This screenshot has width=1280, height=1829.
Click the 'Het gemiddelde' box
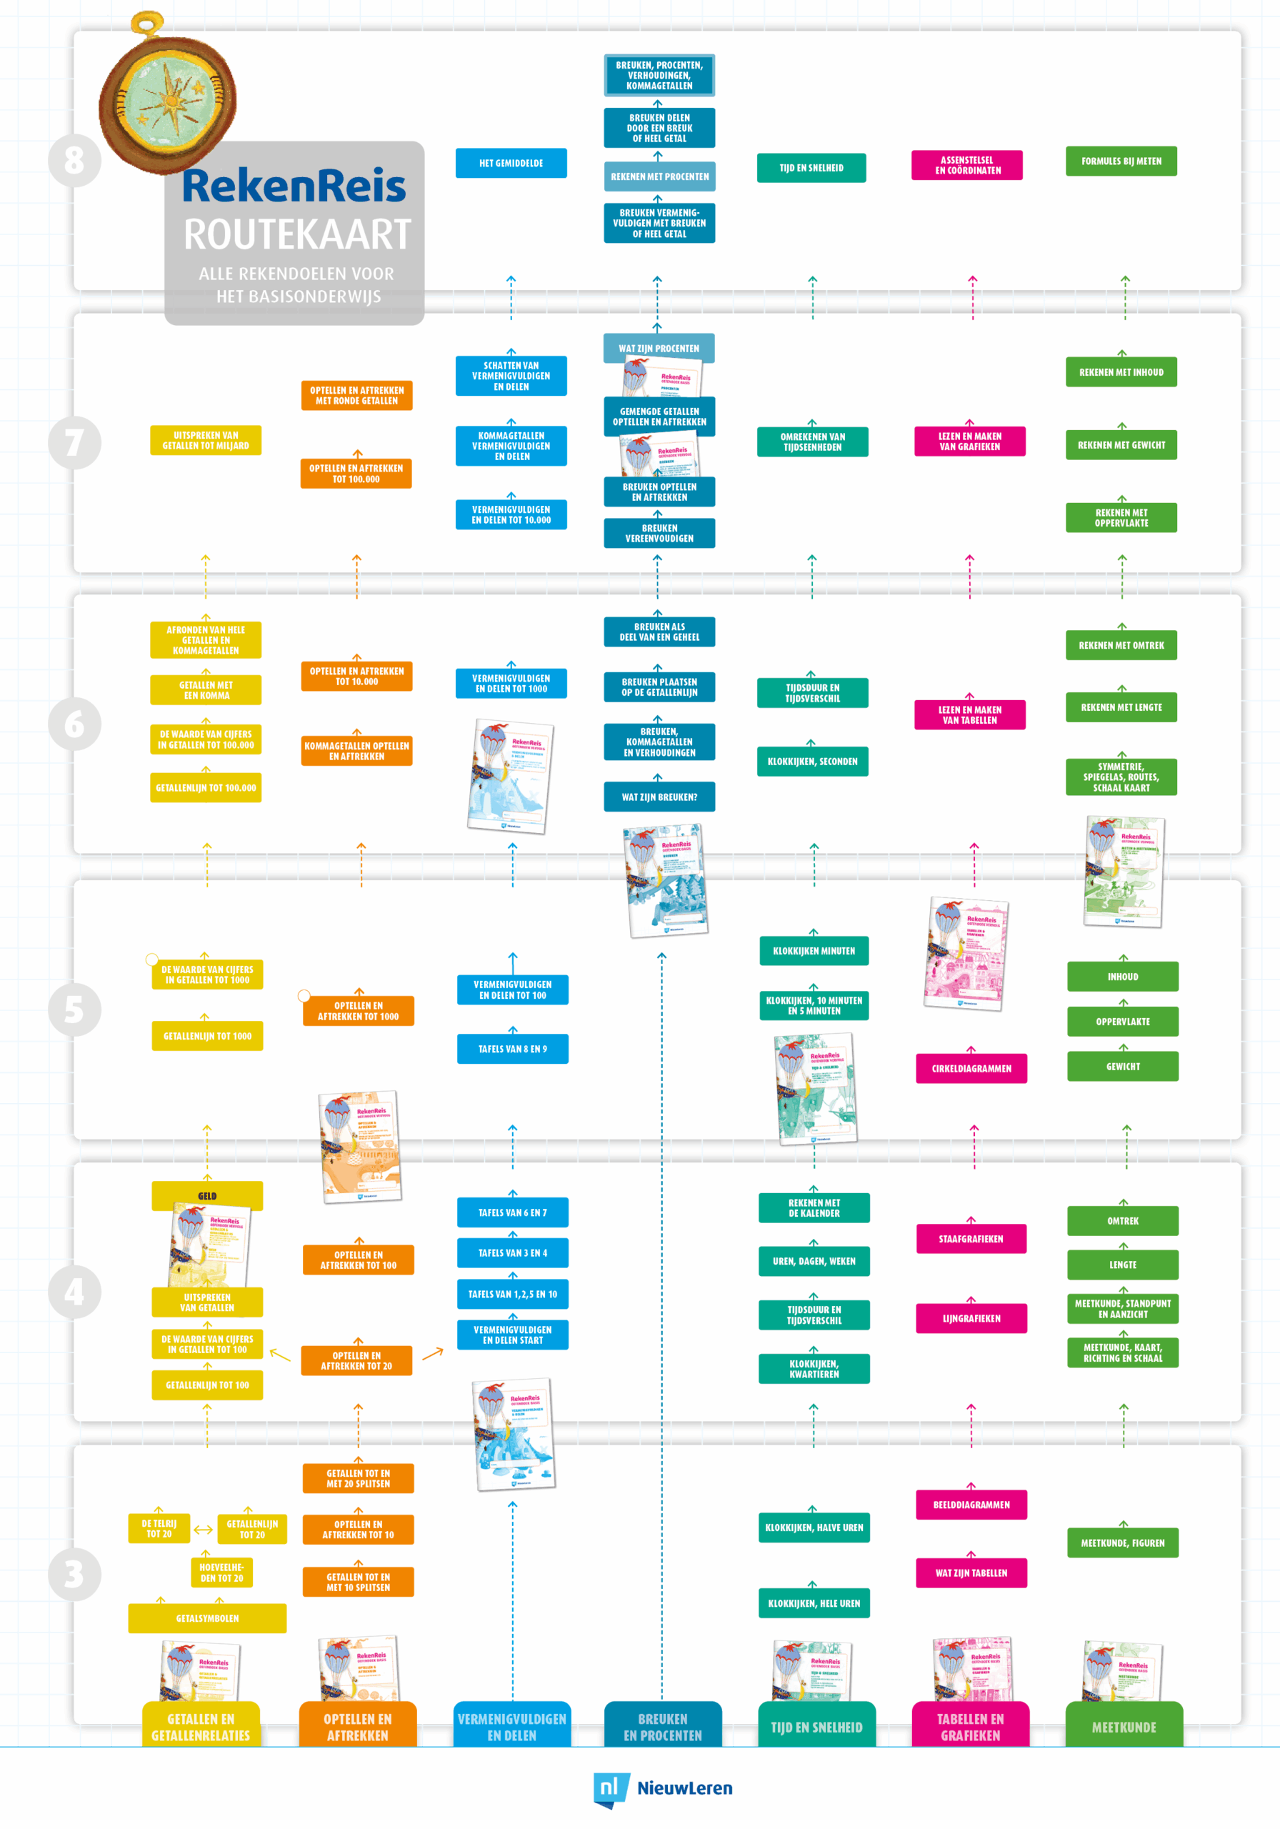[x=511, y=164]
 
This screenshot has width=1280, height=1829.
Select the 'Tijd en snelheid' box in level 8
[x=811, y=168]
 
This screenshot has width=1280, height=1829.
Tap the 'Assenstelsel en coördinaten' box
[x=966, y=165]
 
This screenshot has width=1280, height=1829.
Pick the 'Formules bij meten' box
[x=1121, y=161]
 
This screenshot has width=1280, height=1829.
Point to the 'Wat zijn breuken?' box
[x=659, y=797]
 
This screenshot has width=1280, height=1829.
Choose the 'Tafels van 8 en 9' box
[x=512, y=1049]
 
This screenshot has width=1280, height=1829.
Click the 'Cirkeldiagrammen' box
[x=971, y=1068]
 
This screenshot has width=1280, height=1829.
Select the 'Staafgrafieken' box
[x=970, y=1239]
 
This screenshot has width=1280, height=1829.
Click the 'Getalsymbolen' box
[x=207, y=1618]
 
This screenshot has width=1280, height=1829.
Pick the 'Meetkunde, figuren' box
[x=1122, y=1543]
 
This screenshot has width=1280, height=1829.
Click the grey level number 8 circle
[x=74, y=160]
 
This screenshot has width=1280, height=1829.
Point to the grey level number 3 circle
[x=74, y=1573]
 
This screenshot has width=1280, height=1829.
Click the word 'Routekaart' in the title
[x=296, y=234]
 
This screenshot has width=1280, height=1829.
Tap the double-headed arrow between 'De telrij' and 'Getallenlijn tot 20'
[x=203, y=1530]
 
